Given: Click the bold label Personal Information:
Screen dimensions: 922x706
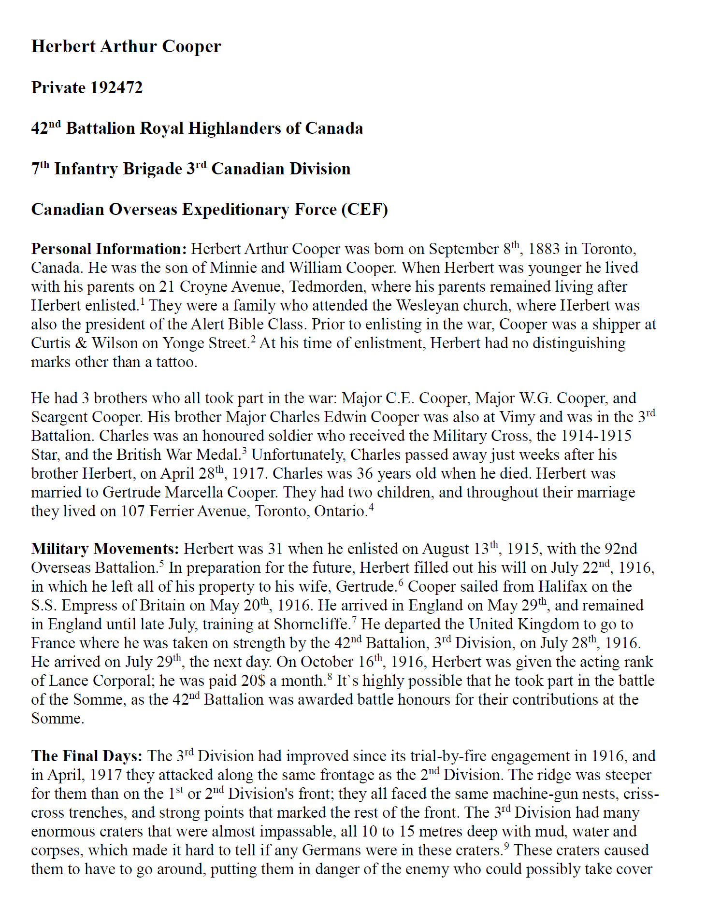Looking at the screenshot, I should (109, 249).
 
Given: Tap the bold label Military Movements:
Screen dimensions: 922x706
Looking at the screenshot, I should (105, 549).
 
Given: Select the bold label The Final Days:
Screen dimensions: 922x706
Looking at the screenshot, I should (87, 756).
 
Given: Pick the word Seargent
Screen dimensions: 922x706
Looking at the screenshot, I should (59, 417).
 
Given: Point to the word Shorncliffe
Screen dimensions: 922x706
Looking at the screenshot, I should (311, 624).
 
